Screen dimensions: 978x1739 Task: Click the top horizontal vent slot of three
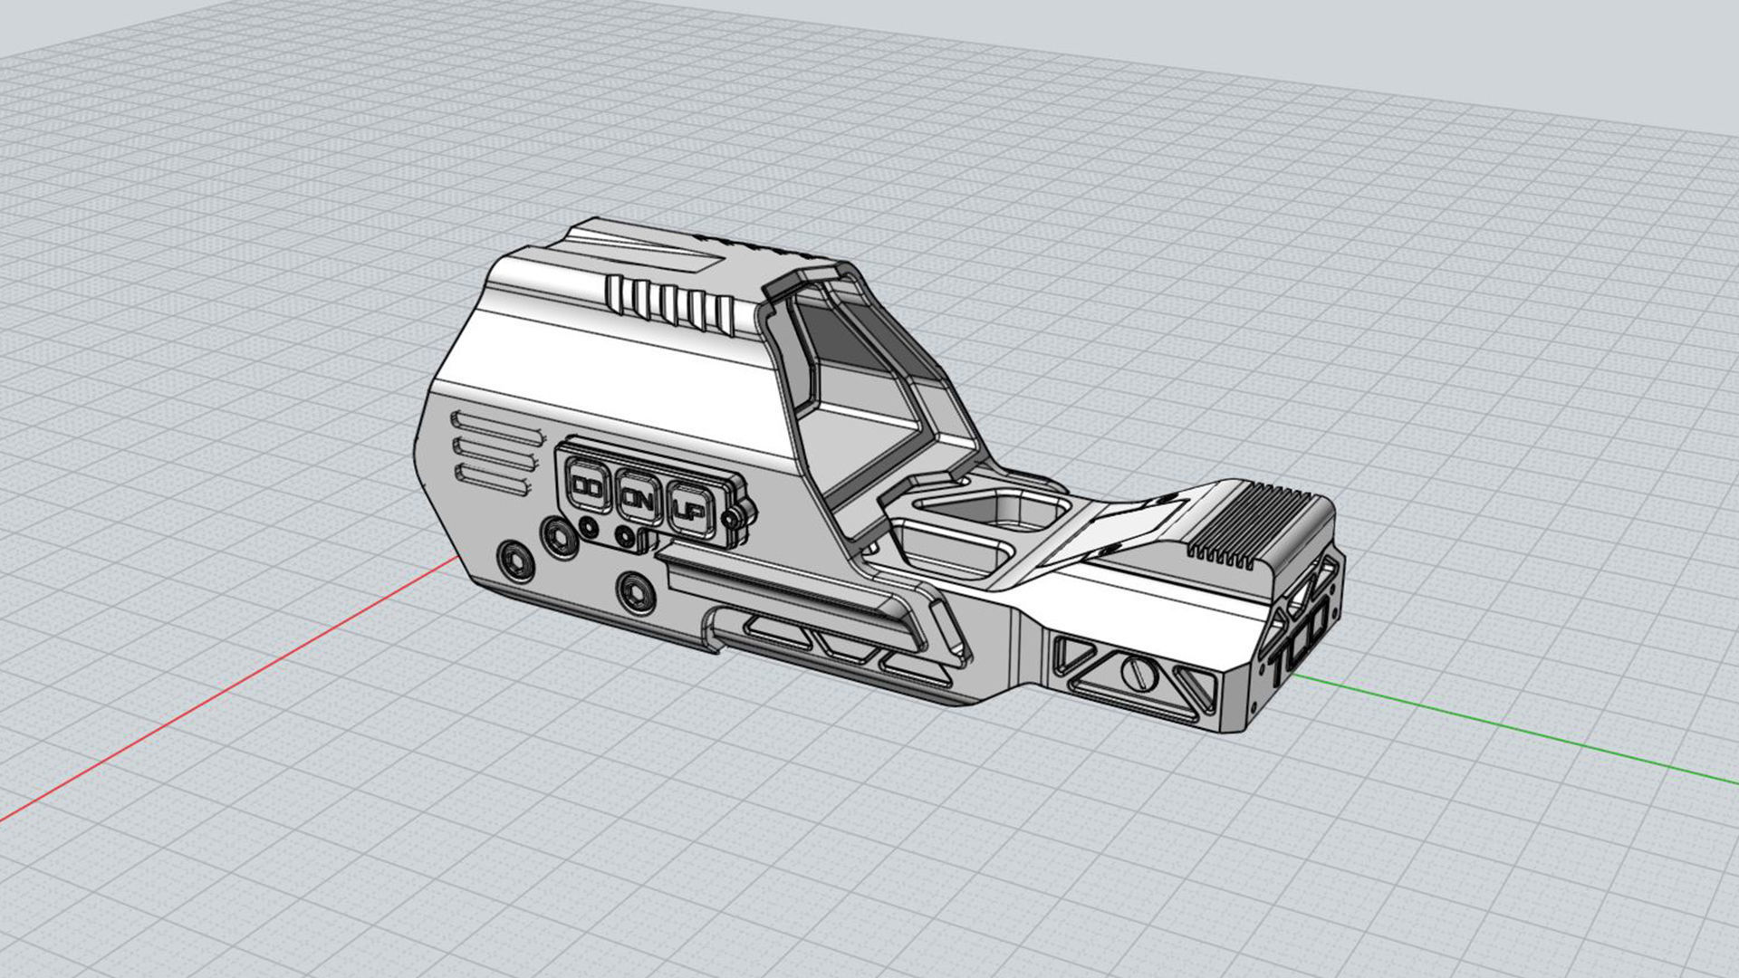click(494, 426)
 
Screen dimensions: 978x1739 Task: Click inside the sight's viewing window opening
click(851, 380)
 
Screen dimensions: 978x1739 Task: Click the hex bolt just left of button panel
click(559, 537)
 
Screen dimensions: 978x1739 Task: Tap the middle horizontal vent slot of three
click(494, 452)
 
